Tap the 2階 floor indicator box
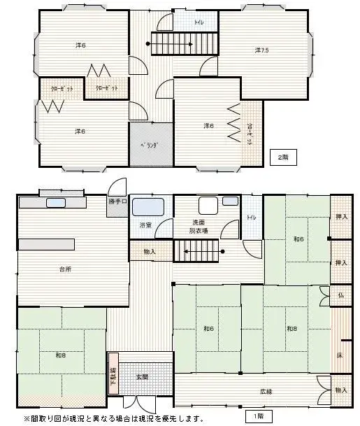coord(283,157)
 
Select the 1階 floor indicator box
coord(259,417)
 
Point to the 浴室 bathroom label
coord(145,225)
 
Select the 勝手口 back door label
coord(118,202)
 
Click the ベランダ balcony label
coord(150,145)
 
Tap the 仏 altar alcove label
coord(341,295)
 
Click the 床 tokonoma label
coord(340,356)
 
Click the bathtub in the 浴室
coord(147,206)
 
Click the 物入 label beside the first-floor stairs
coord(150,251)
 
